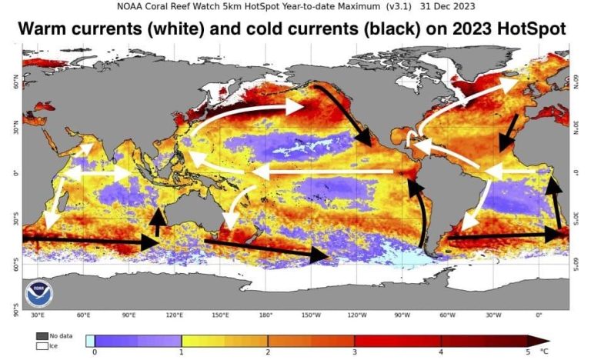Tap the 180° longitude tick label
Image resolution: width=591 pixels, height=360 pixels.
265,315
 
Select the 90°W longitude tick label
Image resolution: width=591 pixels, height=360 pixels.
402,315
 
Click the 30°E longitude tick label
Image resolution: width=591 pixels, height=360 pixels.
37,315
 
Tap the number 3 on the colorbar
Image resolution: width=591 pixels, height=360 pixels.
354,352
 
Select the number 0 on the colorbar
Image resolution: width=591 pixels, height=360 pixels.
95,352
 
